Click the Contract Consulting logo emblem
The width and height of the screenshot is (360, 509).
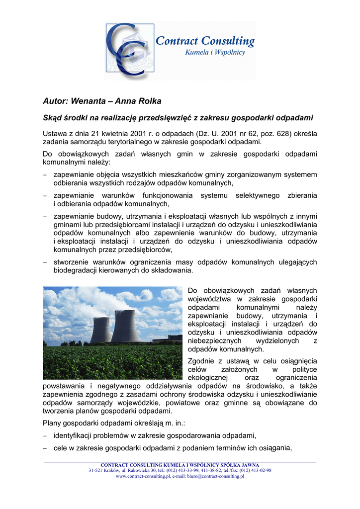(x=127, y=50)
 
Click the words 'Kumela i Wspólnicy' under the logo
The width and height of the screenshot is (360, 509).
(x=215, y=52)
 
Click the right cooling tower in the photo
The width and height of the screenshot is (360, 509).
(x=125, y=327)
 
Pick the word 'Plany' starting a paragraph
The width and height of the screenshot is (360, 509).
(x=53, y=423)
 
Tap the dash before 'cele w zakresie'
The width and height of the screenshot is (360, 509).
(x=45, y=448)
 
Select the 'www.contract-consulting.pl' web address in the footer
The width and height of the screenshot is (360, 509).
(x=140, y=476)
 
